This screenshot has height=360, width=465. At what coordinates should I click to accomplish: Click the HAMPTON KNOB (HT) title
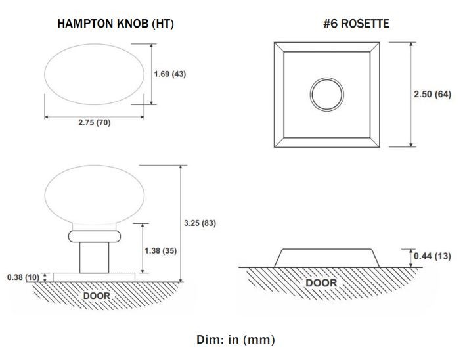[116, 24]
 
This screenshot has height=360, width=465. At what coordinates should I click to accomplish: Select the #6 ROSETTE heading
[356, 24]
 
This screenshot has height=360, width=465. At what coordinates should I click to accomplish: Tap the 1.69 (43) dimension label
[170, 74]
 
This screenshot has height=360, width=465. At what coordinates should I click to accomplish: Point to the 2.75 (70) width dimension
[95, 122]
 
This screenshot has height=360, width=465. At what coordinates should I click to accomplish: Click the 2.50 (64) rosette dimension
[432, 95]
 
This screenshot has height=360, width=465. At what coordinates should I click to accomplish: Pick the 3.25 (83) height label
[200, 223]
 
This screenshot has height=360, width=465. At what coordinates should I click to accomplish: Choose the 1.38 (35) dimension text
[160, 251]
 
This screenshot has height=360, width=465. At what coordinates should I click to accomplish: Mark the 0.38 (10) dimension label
[23, 277]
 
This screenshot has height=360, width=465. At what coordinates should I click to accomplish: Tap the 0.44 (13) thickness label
[432, 256]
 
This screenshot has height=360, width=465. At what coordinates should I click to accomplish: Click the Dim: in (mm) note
[236, 340]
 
